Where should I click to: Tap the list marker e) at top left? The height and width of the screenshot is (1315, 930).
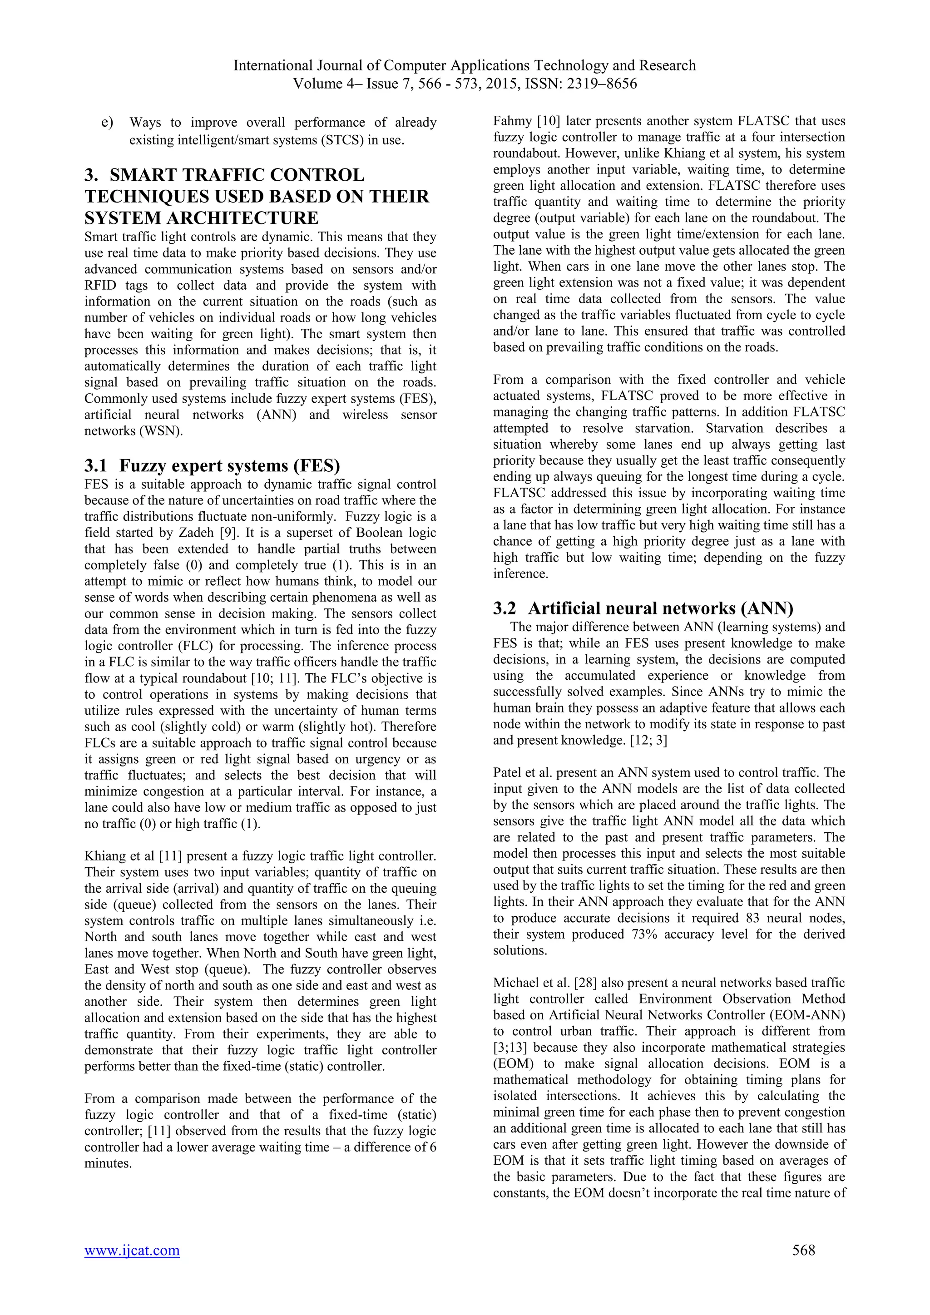click(107, 123)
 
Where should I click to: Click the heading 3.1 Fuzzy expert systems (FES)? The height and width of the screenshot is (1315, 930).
click(213, 466)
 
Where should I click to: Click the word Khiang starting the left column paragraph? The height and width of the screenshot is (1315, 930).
click(104, 856)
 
